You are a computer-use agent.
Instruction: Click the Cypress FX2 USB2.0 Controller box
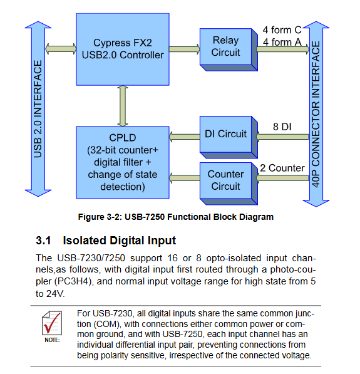123,49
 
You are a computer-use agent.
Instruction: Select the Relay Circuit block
229,49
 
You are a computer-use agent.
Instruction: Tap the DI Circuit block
229,137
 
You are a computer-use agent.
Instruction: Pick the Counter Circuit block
229,184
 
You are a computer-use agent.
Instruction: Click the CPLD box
123,162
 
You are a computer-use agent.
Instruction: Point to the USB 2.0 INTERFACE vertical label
38,109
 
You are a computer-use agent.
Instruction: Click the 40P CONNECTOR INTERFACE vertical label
316,114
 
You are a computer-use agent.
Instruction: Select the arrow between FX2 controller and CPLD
123,106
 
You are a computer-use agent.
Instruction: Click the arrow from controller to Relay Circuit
185,49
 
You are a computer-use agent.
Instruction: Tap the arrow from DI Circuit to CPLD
185,137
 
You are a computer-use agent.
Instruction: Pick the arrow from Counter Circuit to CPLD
185,178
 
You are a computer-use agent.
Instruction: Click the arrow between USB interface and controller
61,49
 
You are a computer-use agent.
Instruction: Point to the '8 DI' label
282,127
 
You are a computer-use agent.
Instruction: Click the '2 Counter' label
282,168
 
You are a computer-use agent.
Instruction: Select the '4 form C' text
282,30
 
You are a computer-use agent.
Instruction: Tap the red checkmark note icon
52,323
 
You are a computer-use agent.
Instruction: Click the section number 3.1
43,241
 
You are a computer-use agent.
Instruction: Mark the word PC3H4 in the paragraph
73,281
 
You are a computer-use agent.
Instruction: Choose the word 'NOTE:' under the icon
52,340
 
